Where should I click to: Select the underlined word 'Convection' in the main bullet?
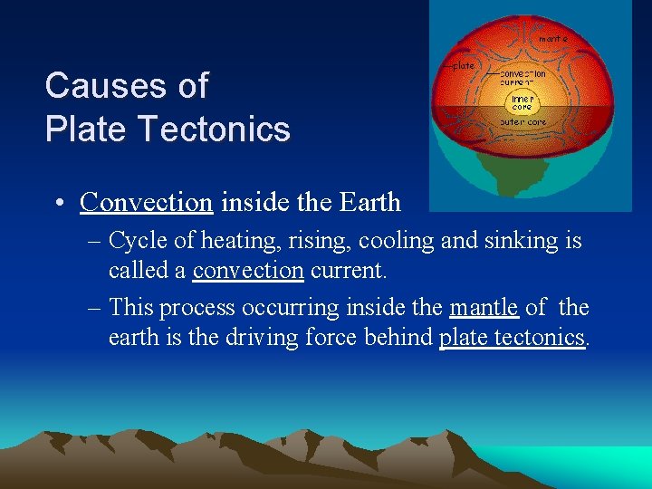pyautogui.click(x=146, y=201)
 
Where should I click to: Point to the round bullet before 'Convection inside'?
pyautogui.click(x=57, y=202)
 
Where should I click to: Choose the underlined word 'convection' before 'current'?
pyautogui.click(x=248, y=270)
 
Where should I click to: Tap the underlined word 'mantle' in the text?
pyautogui.click(x=484, y=308)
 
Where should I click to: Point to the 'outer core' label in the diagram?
pyautogui.click(x=523, y=121)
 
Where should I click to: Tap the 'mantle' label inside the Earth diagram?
pyautogui.click(x=552, y=39)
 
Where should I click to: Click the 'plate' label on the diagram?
pyautogui.click(x=464, y=65)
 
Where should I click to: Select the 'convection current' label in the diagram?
pyautogui.click(x=524, y=77)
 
